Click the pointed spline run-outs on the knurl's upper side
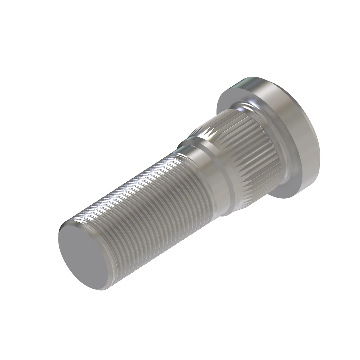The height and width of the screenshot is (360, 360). [x=207, y=132]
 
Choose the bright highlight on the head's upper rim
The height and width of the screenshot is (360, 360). [x=249, y=81]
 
